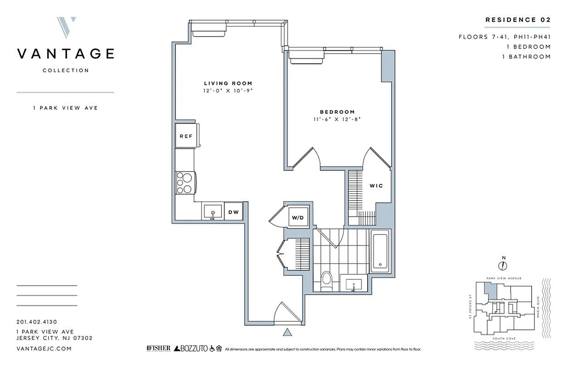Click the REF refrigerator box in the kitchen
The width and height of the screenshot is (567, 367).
coord(185,136)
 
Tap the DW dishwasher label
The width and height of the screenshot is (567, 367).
coord(233,212)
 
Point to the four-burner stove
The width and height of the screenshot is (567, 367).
coord(185,183)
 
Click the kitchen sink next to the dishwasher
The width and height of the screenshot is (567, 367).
coord(212,212)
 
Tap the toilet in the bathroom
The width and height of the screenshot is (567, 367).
coord(327,281)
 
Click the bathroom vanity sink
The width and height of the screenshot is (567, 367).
coord(354,285)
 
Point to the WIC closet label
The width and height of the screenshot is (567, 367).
coord(376,186)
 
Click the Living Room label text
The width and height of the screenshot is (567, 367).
coord(228,83)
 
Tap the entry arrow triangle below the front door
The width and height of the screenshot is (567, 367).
coord(288,332)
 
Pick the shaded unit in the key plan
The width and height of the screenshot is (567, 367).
coord(491,290)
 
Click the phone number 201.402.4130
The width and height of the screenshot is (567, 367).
coord(36,322)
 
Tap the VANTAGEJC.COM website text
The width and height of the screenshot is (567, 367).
coord(44,349)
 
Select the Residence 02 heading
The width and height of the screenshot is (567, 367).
coord(517,20)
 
